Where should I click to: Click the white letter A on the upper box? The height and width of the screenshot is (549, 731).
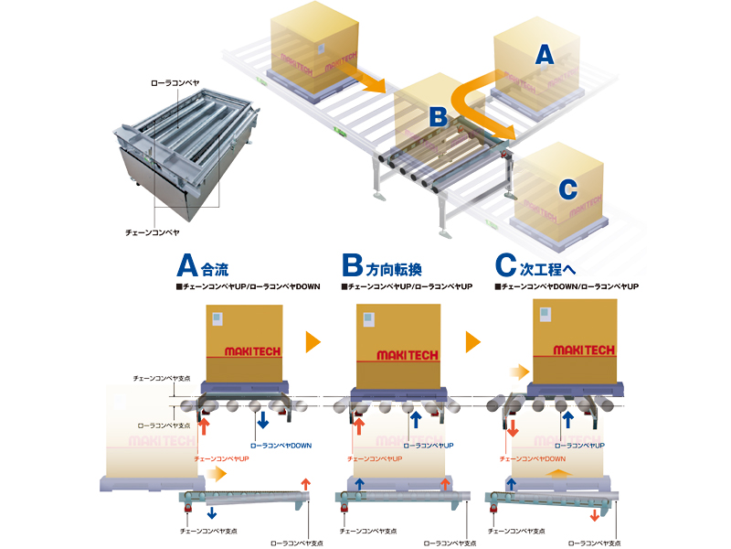point(544,55)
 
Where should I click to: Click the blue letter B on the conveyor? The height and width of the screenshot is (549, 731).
point(438,116)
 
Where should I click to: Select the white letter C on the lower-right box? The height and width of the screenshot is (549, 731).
point(567,189)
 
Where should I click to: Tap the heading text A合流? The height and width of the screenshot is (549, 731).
point(202,268)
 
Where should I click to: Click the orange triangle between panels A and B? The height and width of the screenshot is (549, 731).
point(313,342)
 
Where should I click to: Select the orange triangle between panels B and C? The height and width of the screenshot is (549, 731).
point(473,342)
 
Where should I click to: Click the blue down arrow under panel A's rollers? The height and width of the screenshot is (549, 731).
point(262,420)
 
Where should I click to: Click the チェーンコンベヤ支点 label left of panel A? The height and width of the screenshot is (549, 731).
point(160,378)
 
